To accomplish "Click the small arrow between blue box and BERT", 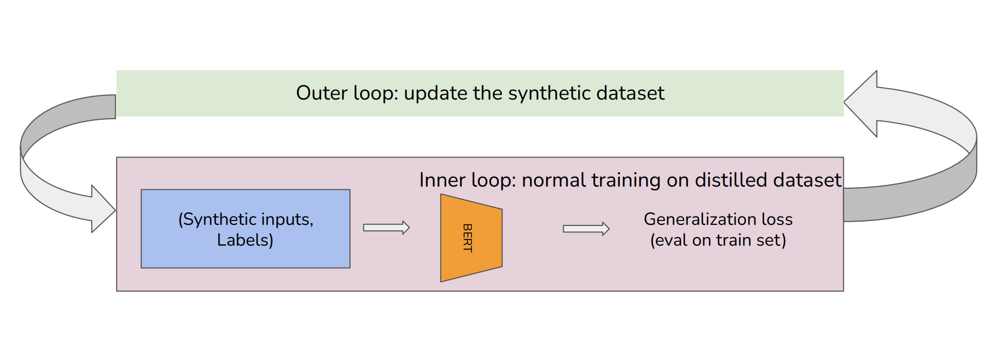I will click(386, 228).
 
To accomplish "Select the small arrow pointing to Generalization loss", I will click(586, 229).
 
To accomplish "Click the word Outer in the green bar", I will click(322, 93).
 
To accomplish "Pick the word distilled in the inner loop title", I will click(731, 180).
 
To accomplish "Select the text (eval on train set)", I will click(718, 240).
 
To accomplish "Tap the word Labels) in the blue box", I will click(244, 240).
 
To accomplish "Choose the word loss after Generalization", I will click(777, 219).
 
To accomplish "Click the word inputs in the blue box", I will click(287, 219).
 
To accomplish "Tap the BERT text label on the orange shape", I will click(468, 238).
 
